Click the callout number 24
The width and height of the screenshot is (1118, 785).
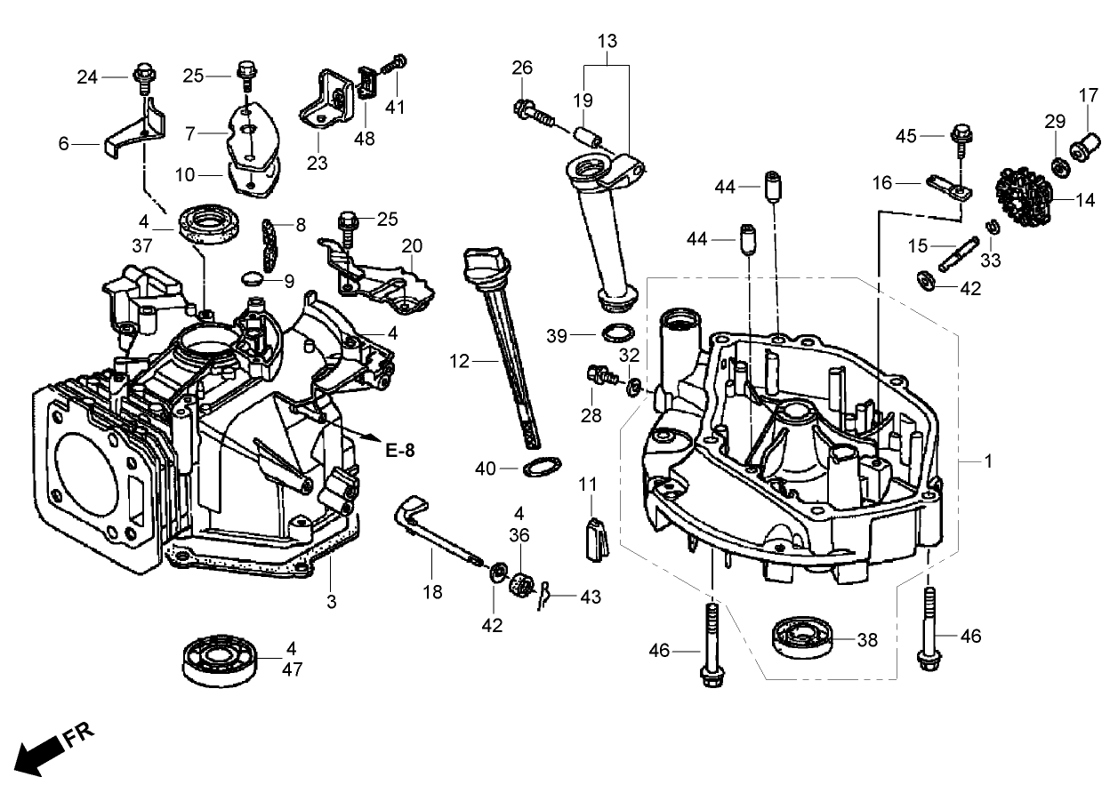tap(86, 77)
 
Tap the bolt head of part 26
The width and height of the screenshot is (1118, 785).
tap(524, 110)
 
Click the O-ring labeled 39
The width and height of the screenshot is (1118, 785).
tap(618, 334)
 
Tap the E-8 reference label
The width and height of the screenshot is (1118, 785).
tap(400, 450)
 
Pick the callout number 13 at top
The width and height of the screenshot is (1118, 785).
tap(607, 42)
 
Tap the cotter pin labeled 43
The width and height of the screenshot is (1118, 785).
tap(548, 594)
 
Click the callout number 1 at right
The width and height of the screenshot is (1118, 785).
tap(987, 463)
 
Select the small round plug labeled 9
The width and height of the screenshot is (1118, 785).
tap(252, 278)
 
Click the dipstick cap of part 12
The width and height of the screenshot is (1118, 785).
tap(482, 265)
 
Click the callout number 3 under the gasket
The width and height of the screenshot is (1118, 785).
tap(331, 602)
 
